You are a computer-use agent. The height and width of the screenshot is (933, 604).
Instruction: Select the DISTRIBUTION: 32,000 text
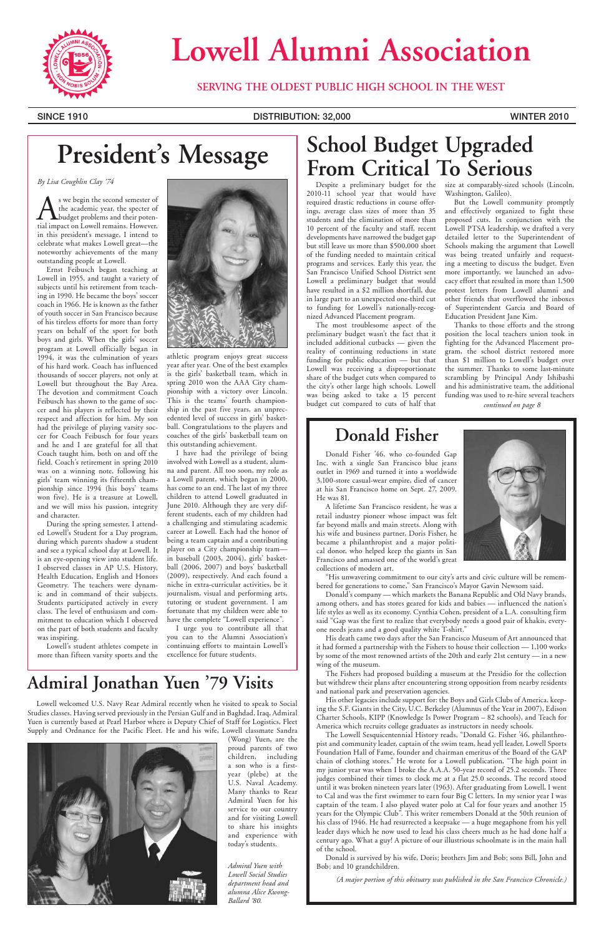click(x=302, y=116)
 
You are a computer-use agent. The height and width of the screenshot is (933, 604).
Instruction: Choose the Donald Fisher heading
click(x=387, y=435)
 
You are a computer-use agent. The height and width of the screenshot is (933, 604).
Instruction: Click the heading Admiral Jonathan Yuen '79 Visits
click(x=150, y=683)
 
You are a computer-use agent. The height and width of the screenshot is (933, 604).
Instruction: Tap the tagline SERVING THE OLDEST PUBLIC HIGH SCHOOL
click(x=351, y=87)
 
